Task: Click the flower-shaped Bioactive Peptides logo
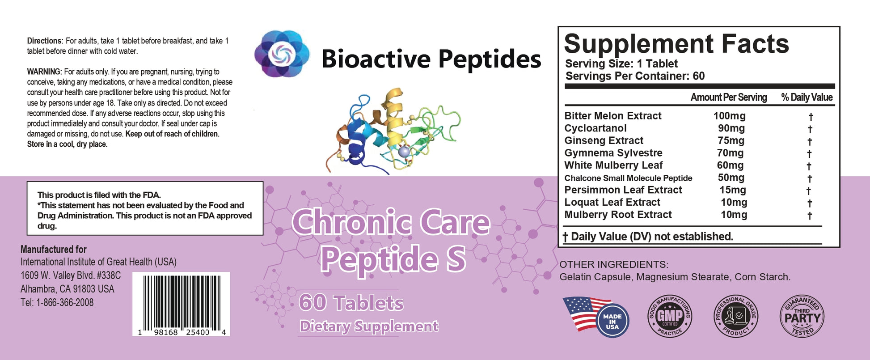(282, 54)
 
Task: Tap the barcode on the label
(181, 304)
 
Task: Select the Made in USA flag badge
(595, 317)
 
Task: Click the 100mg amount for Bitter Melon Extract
(729, 116)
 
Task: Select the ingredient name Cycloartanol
(595, 128)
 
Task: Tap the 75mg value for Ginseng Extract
(731, 140)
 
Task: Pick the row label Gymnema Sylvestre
(613, 153)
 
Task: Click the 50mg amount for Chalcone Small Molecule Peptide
(731, 178)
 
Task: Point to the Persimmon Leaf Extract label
(623, 190)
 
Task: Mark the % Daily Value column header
(807, 97)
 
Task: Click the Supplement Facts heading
(676, 44)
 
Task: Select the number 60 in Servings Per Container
(699, 76)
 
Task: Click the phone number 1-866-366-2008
(65, 303)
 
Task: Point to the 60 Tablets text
(351, 303)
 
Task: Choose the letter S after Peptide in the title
(456, 259)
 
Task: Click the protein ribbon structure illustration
(393, 131)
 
